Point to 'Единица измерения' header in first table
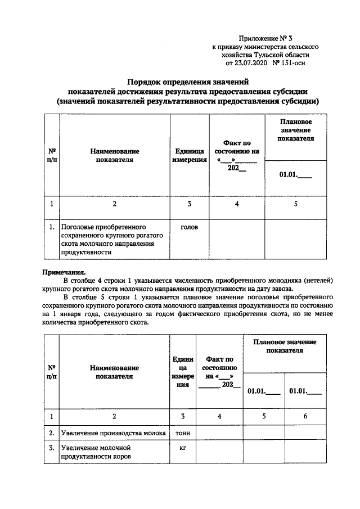(x=190, y=155)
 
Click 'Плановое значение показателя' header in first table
(x=295, y=130)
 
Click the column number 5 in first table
(x=295, y=204)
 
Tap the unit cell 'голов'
(x=190, y=227)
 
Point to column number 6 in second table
(x=305, y=416)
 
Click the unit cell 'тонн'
(x=182, y=433)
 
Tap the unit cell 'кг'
(x=182, y=448)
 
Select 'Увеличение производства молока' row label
(x=114, y=433)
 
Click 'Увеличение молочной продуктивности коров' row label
(x=96, y=453)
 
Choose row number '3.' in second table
(x=51, y=448)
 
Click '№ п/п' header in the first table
(x=51, y=155)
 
